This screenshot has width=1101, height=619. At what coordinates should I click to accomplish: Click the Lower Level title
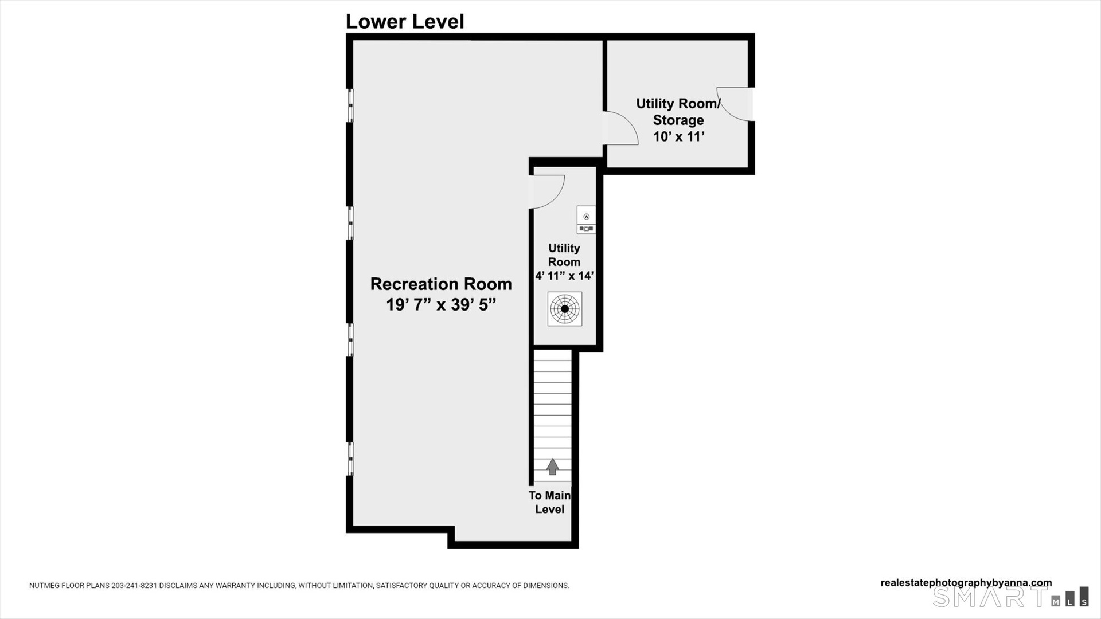click(x=405, y=21)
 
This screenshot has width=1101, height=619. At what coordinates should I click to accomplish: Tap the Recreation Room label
click(x=441, y=284)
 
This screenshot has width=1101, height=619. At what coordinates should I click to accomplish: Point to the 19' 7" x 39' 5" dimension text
click(x=441, y=304)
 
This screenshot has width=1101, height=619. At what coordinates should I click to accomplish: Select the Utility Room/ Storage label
click(x=678, y=112)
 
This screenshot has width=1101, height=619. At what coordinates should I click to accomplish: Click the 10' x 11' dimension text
click(x=679, y=136)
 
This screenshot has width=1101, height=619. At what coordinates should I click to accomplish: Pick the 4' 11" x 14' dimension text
click(x=564, y=276)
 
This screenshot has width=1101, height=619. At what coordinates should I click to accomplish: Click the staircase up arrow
click(x=553, y=467)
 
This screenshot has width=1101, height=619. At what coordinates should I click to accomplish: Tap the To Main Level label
click(x=549, y=502)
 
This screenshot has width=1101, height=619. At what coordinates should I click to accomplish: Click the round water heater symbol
click(x=565, y=309)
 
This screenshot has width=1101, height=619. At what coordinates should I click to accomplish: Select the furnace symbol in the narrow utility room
click(x=586, y=220)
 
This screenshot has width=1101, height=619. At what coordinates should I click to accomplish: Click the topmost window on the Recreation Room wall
click(x=350, y=105)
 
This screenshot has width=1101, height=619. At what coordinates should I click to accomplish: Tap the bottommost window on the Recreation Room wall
click(x=350, y=459)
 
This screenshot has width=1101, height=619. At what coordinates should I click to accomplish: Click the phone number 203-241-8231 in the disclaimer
click(x=134, y=586)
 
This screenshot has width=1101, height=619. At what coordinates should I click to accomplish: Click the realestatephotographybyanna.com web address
click(x=966, y=583)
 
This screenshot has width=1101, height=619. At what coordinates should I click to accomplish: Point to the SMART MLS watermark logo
click(x=1010, y=597)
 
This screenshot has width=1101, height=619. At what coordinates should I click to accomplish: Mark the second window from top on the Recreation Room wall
click(x=350, y=223)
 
